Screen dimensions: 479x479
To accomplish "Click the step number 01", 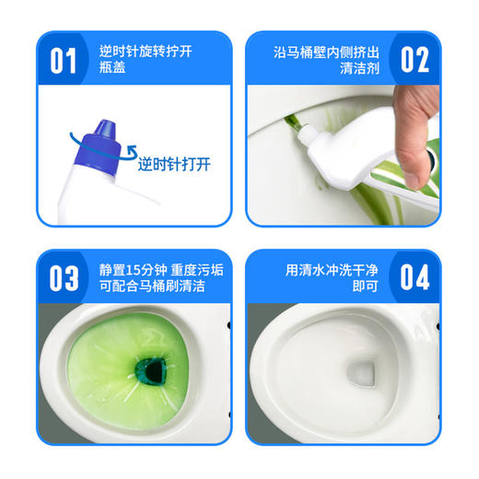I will pos(63,61).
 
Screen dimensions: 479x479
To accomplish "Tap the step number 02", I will pos(415,61).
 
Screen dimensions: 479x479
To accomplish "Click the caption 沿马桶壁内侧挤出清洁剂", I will pos(321,61).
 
